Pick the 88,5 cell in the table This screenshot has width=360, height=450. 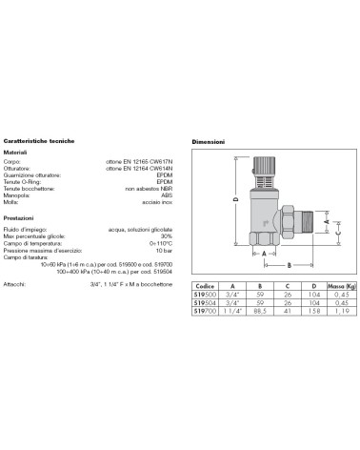coord(257,311)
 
